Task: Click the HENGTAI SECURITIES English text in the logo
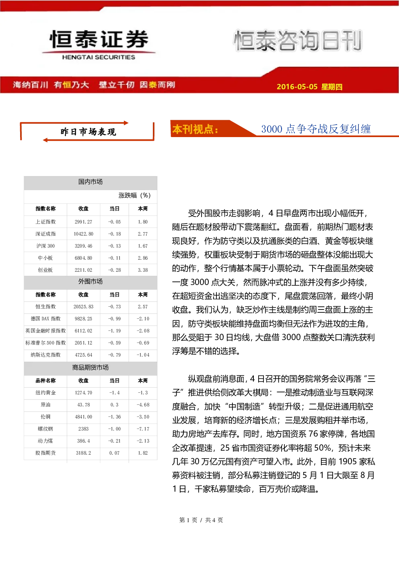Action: point(99,57)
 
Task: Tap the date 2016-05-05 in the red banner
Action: point(297,86)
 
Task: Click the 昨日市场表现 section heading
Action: point(88,132)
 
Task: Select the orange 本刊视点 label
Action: point(195,129)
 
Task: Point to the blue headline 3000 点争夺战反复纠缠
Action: point(316,129)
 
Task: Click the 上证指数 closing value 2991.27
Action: point(83,222)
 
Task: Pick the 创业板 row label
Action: point(45,270)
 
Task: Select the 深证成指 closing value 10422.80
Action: point(83,234)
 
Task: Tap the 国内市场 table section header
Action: point(90,182)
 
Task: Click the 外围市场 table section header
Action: point(90,281)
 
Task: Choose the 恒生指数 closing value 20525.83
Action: point(83,307)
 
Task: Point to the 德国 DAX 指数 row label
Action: point(45,318)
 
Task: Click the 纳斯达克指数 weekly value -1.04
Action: point(143,355)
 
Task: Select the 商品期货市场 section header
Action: point(90,367)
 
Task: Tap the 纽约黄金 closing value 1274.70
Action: point(83,392)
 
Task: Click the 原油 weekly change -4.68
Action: point(143,405)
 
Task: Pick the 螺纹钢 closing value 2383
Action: point(83,429)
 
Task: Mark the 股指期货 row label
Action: point(45,453)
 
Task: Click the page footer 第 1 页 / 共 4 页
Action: point(201,520)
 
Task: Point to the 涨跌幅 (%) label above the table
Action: point(134,195)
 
